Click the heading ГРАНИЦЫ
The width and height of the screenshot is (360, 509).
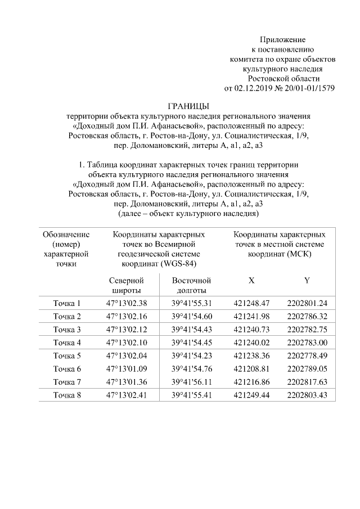tap(188, 106)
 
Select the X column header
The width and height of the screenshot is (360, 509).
tap(251, 280)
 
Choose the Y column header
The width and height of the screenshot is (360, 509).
tap(307, 280)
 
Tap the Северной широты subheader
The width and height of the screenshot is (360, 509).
tap(126, 285)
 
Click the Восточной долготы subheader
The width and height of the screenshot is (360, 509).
tap(191, 285)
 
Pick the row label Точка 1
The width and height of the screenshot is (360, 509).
tap(67, 303)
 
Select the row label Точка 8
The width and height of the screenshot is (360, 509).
tap(67, 395)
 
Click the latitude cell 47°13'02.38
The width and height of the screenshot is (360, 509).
tap(126, 303)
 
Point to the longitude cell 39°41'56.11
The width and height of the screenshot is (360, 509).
tap(191, 382)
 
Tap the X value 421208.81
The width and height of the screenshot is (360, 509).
tap(251, 369)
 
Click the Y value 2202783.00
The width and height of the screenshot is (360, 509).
tap(307, 343)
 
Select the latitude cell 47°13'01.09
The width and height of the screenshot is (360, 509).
tap(126, 369)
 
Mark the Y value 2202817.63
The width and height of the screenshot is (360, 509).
tap(307, 382)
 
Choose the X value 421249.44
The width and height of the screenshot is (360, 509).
tap(251, 395)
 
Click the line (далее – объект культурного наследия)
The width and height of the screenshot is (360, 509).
tap(188, 214)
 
